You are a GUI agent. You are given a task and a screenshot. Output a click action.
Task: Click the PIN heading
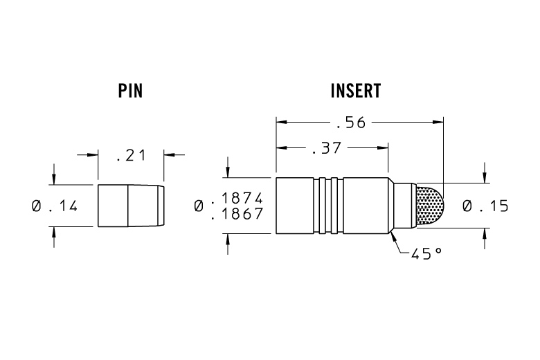point(130,91)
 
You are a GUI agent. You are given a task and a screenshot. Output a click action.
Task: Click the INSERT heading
point(356,91)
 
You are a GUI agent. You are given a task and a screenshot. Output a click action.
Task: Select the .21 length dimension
point(131,155)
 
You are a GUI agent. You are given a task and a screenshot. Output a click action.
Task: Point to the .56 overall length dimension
point(350,123)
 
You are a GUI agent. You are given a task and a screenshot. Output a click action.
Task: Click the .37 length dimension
point(326,148)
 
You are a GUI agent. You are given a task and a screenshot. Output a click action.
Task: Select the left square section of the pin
point(112,206)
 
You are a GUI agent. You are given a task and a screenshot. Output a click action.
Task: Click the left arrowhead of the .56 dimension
point(280,123)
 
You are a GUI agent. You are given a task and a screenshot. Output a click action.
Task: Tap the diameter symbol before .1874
point(199,206)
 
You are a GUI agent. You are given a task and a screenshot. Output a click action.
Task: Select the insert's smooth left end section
point(294,206)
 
